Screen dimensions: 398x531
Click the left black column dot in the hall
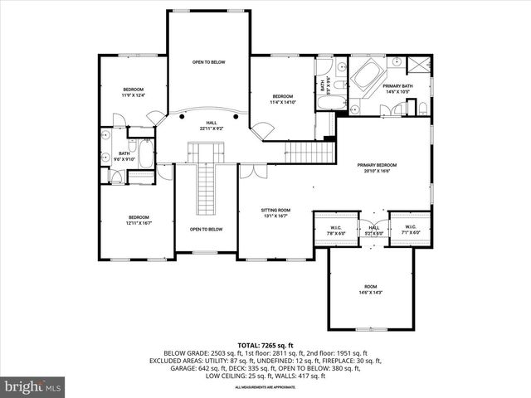[177, 117]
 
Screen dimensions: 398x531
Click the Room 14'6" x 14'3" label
[371, 289]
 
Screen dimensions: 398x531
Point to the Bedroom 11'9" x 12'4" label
[134, 92]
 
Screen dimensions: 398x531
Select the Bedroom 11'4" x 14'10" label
[283, 100]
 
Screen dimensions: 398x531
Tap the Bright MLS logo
[32, 386]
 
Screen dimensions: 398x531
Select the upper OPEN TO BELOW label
[208, 62]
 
